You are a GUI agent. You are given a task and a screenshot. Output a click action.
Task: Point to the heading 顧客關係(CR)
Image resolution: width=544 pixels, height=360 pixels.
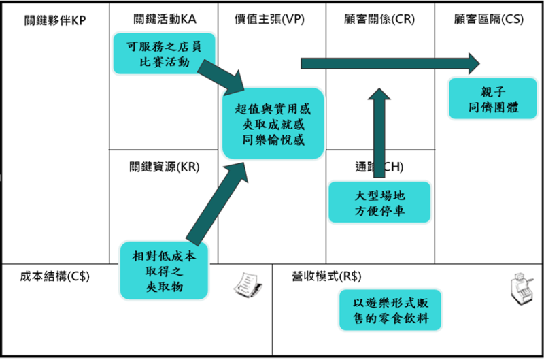coord(379,19)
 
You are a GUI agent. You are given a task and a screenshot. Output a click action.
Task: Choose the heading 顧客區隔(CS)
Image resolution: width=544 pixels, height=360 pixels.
coord(488,19)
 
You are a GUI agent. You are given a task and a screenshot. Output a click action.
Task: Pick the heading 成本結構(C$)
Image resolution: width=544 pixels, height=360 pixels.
coord(55,276)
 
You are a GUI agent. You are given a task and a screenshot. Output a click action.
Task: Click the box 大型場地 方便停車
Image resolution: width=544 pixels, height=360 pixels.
coord(379,202)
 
